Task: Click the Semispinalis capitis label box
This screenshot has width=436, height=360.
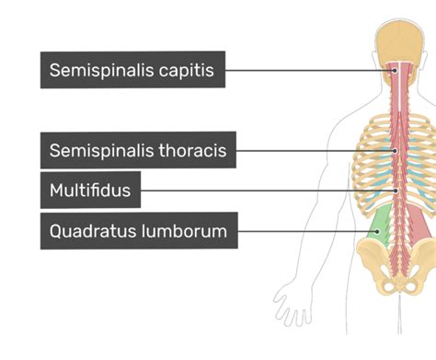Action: click(x=132, y=70)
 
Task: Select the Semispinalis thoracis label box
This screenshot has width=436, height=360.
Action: click(x=138, y=150)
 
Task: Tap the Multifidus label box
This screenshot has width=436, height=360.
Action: click(x=90, y=191)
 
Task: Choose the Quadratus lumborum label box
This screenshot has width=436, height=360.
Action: click(x=138, y=231)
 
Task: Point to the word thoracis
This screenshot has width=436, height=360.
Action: click(x=193, y=150)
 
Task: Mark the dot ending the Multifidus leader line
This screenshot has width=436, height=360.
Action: click(x=396, y=191)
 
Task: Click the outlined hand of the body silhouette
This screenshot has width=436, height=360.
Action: click(x=293, y=304)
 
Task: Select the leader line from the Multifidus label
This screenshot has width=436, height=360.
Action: click(x=267, y=191)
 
